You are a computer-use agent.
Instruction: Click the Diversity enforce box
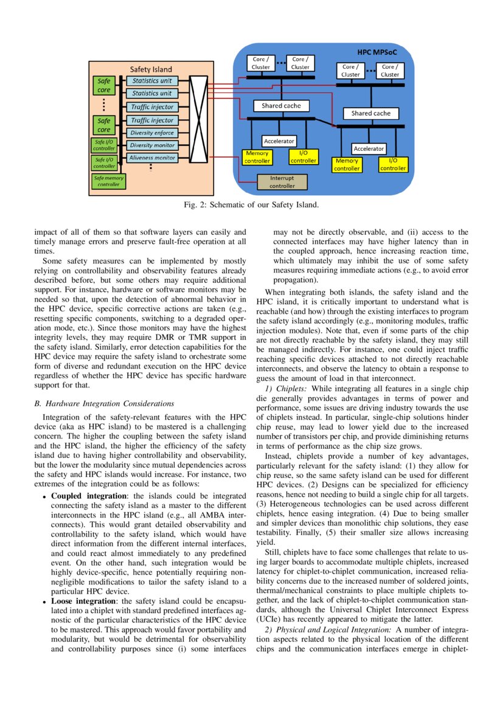[152, 133]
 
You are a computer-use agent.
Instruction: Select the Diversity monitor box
[152, 145]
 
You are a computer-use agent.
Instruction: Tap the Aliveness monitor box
[152, 158]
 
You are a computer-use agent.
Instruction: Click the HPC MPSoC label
[376, 53]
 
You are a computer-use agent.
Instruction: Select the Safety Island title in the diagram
[151, 69]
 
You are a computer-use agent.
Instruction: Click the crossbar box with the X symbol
[199, 119]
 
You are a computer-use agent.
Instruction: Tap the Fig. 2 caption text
[251, 205]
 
